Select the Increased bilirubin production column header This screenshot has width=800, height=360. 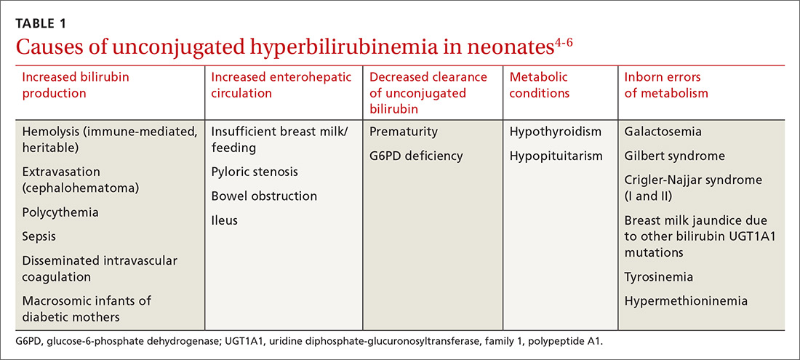tap(65, 84)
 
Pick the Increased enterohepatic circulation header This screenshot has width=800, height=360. tap(281, 84)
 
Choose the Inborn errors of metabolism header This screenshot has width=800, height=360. tap(666, 84)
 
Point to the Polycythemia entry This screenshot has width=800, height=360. tap(60, 213)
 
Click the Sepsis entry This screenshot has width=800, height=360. tap(39, 237)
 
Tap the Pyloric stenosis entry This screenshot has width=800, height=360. tap(255, 172)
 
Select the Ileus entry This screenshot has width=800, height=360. tap(224, 220)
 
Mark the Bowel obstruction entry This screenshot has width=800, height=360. tap(264, 196)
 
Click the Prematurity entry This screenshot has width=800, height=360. tap(404, 132)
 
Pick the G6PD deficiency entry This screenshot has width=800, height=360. tap(416, 156)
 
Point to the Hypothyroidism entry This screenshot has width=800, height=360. tap(556, 132)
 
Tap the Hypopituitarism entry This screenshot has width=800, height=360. tap(556, 156)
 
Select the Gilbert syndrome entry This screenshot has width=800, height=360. tap(674, 156)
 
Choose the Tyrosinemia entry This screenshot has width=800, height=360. tap(658, 277)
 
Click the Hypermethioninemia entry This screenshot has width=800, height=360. tap(686, 300)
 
